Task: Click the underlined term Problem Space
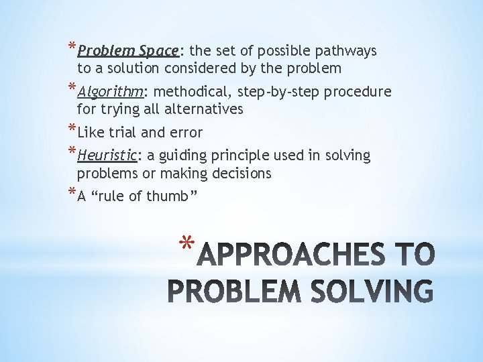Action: pos(127,51)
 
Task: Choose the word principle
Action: pos(250,156)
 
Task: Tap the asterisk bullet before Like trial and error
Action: pos(72,129)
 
